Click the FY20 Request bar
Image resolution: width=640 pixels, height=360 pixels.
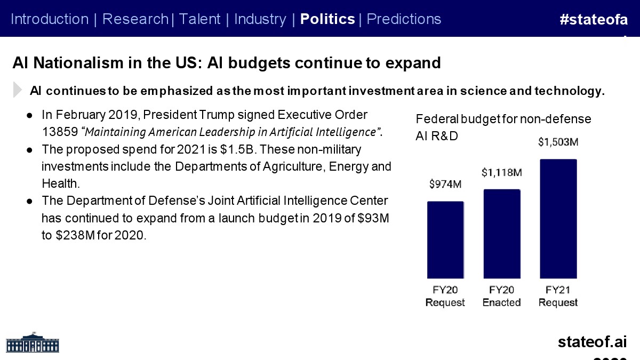click(x=445, y=239)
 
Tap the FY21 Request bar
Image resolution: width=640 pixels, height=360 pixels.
click(x=558, y=218)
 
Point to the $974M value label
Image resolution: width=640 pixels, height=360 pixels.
click(x=445, y=185)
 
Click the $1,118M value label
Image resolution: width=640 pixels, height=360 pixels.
click(x=501, y=172)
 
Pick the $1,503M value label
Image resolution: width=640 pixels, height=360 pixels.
click(x=558, y=142)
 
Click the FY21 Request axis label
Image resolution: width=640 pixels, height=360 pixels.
click(x=558, y=296)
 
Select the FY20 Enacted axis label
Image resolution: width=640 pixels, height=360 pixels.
click(x=501, y=296)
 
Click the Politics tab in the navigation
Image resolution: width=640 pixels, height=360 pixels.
click(x=327, y=19)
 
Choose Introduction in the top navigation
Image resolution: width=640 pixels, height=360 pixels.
click(x=50, y=19)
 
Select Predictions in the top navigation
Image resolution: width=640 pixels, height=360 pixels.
click(x=404, y=19)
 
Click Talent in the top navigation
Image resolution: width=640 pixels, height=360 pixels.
click(x=199, y=19)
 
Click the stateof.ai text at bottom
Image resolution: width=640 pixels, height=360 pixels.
click(x=592, y=342)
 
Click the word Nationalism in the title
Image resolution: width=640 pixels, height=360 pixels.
click(x=86, y=63)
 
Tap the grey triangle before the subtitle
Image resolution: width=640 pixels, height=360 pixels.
click(x=18, y=90)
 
